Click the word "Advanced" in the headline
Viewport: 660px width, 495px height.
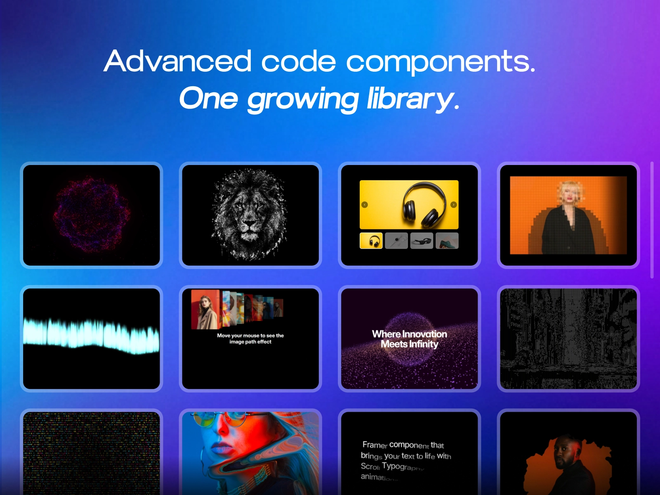coord(178,61)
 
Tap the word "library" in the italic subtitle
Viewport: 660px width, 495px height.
coord(410,99)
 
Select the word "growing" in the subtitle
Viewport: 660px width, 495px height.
coord(303,99)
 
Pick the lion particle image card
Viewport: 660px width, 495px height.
coord(250,215)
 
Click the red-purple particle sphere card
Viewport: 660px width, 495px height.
coord(91,215)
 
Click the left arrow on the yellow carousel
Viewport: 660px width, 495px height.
coord(364,205)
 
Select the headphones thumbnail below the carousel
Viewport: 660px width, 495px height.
coord(371,240)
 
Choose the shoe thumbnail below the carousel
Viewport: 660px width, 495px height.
coord(447,240)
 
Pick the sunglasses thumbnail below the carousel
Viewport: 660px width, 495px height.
coord(422,240)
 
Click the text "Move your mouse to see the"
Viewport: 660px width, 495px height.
coord(250,335)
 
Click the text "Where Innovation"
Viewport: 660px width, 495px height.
coord(409,334)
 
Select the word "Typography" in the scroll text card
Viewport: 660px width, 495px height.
coord(403,467)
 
